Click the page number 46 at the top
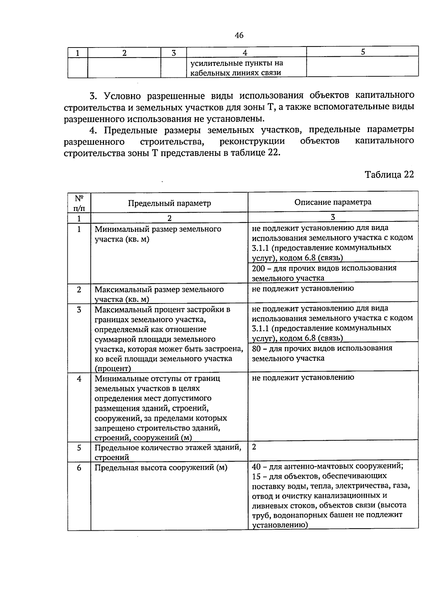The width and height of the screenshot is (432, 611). [239, 35]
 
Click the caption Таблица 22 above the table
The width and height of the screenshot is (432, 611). [389, 175]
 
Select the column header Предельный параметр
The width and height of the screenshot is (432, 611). [169, 203]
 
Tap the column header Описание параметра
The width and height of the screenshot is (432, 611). [333, 202]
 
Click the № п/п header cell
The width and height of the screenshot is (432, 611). [79, 203]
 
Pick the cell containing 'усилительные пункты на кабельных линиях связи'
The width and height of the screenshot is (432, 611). [237, 68]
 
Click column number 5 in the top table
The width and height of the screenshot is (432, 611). [363, 52]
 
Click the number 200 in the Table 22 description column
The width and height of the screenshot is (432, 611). [258, 268]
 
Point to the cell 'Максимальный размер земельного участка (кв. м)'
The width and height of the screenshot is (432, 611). [159, 294]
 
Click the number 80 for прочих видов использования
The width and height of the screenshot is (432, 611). [256, 349]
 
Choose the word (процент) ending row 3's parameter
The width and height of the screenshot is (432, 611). [113, 368]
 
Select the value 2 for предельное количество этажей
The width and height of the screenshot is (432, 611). [254, 447]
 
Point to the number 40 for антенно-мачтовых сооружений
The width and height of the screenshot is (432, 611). [256, 467]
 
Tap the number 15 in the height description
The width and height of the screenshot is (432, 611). [256, 476]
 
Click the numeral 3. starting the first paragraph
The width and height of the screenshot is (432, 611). [94, 96]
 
